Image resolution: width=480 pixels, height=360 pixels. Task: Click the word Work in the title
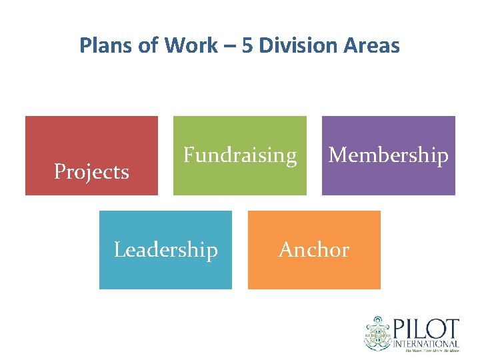(x=190, y=45)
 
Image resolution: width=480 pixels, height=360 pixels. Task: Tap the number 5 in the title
(x=248, y=45)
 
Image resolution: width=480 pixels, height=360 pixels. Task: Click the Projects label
(x=91, y=172)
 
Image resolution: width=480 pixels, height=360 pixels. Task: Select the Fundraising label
(x=240, y=155)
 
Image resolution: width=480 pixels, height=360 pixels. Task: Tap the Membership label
(x=389, y=155)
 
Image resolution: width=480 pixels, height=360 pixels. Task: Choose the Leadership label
(x=166, y=250)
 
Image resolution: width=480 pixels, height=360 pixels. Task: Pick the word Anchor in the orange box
(x=314, y=250)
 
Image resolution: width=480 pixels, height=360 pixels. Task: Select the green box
(x=240, y=180)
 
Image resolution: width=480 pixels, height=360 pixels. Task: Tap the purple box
(x=389, y=180)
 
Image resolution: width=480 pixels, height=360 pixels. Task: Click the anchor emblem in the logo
(x=378, y=333)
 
